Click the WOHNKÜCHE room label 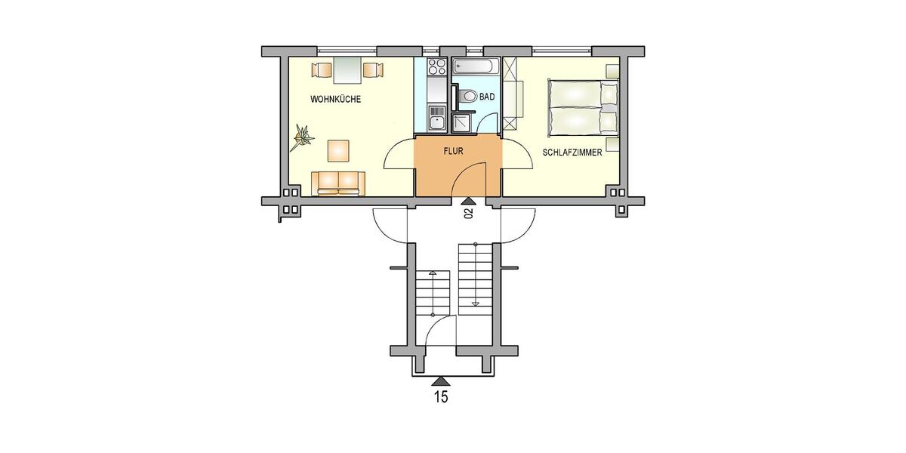[335, 100]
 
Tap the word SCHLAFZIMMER [572, 152]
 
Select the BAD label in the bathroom [487, 97]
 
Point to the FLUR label [453, 151]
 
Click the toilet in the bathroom [467, 97]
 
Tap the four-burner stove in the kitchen [436, 66]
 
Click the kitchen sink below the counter [436, 119]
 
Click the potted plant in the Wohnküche [304, 136]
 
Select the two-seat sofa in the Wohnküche [339, 182]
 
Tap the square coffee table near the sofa [338, 150]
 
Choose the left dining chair [320, 71]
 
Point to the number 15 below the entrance [440, 396]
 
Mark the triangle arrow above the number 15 [440, 381]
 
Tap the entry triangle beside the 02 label [468, 201]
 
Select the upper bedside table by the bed [612, 70]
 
